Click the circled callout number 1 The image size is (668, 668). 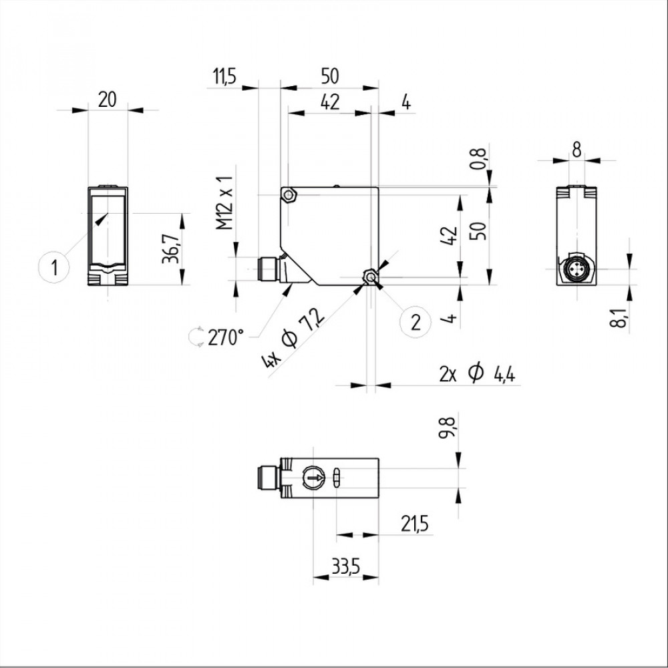coord(54,269)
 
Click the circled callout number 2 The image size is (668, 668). coord(415,323)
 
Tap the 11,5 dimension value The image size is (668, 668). coord(224,77)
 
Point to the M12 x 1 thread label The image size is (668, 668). coord(225,202)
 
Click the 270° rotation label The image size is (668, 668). coord(226,338)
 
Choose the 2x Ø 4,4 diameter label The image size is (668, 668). coord(477,374)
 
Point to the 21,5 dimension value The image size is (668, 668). coord(414,524)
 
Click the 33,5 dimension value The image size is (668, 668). coord(346,567)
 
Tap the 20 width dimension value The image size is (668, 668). coord(107,100)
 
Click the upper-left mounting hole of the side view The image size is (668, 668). coord(290,196)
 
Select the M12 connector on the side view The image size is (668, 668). coord(269,269)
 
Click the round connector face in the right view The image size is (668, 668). coord(576,269)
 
